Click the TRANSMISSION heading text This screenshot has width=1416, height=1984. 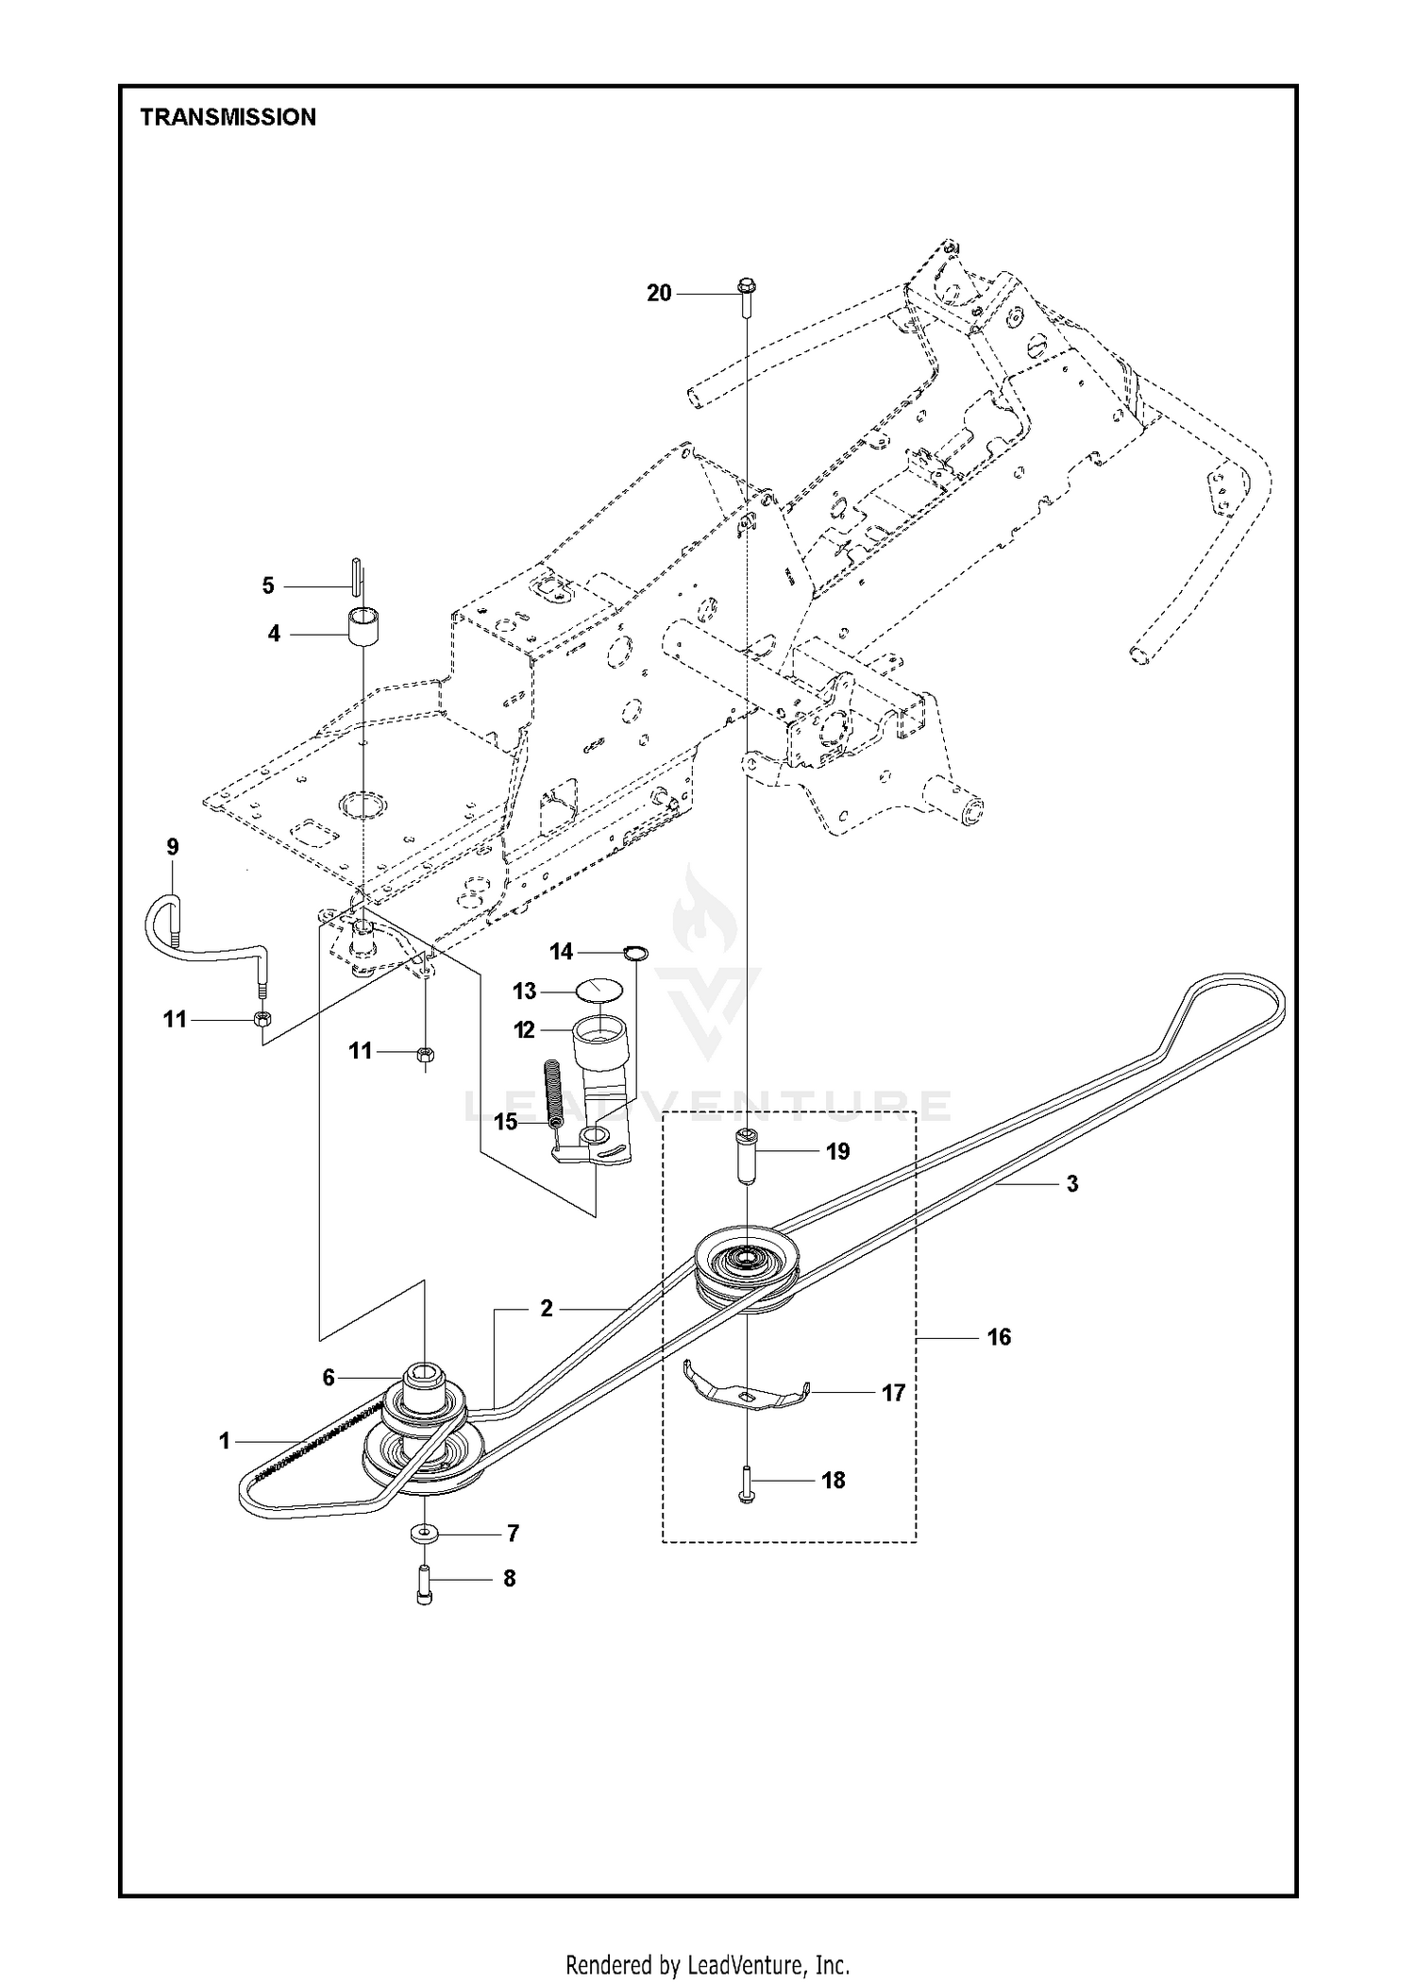point(228,117)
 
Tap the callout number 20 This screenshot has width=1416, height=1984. point(659,294)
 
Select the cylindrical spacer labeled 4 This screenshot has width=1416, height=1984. point(362,627)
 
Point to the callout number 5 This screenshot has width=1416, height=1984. point(268,586)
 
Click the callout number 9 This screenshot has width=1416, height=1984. point(173,847)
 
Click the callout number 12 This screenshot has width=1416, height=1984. point(525,1030)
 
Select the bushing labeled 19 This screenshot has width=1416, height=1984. point(747,1151)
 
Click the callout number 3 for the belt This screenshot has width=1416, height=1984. point(1072,1184)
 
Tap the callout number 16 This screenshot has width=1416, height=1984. point(999,1337)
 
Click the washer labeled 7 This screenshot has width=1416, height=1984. point(425,1531)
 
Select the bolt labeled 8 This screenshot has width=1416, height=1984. point(424,1586)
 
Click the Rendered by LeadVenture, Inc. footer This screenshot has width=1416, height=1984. point(708,1933)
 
